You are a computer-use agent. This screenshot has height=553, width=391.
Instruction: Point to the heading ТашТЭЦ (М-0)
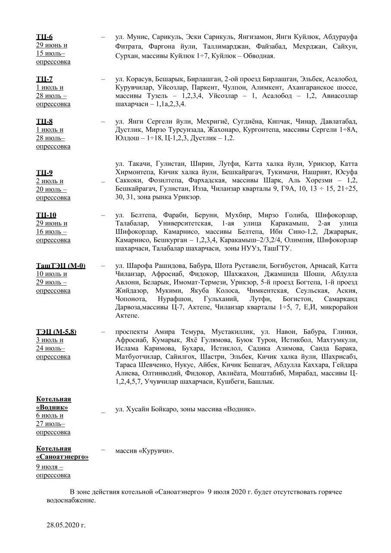(60, 266)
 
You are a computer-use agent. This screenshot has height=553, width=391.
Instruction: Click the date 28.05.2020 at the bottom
(66, 525)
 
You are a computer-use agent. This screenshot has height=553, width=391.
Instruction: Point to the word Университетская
(185, 223)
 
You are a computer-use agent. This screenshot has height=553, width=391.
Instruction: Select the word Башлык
(260, 382)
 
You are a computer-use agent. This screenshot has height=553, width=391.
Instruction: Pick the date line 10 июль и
(51, 274)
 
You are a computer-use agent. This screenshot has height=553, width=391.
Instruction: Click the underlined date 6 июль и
(50, 416)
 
